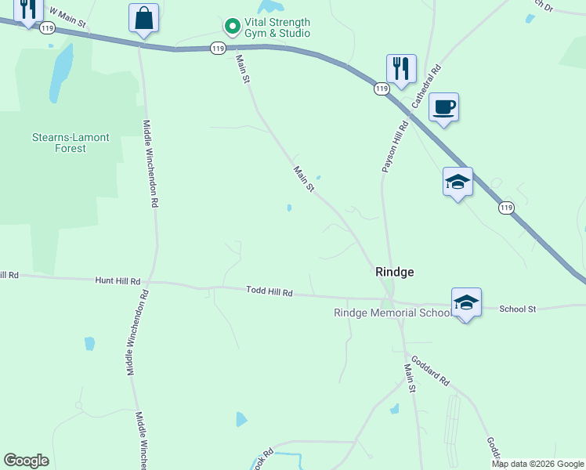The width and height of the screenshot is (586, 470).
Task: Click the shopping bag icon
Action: tap(144, 19)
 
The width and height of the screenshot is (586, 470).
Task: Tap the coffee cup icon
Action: tap(444, 107)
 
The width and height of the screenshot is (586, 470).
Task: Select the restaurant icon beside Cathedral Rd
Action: tap(401, 68)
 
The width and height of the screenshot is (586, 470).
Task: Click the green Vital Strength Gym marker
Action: tap(232, 27)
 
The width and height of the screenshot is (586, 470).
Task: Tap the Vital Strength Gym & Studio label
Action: tap(277, 28)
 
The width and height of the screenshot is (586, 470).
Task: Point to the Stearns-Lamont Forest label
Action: tap(71, 143)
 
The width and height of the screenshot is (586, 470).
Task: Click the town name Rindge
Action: tap(395, 272)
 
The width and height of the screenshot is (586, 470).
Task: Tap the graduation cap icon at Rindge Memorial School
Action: tap(466, 302)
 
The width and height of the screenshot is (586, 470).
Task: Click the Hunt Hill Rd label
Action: tap(118, 280)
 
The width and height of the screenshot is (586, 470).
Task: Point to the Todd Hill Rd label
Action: tap(269, 291)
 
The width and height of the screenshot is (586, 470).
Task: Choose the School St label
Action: tap(518, 309)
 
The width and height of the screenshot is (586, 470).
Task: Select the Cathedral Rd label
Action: tap(427, 86)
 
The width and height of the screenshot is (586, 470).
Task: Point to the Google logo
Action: tap(26, 461)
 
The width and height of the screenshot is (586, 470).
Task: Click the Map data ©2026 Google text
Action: tap(537, 464)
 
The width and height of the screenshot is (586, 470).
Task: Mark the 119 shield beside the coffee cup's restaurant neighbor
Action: tap(382, 89)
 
